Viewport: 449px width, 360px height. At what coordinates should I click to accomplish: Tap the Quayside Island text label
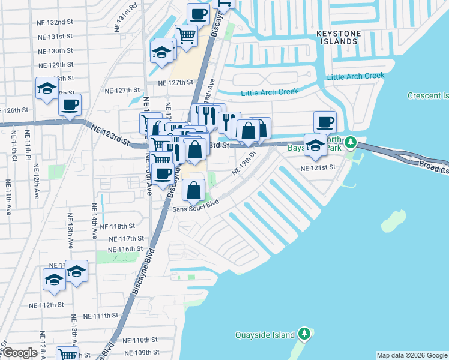click(x=265, y=335)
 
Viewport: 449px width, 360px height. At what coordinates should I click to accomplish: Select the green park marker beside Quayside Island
click(x=304, y=334)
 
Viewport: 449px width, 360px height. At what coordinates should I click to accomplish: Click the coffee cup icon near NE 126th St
click(x=70, y=105)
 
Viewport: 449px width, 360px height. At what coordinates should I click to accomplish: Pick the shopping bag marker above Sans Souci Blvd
click(x=193, y=191)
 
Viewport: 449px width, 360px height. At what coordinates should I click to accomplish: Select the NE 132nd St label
click(x=56, y=22)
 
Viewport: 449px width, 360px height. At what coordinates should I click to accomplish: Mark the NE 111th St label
click(x=101, y=316)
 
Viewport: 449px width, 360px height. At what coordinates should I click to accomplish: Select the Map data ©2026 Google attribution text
click(x=411, y=355)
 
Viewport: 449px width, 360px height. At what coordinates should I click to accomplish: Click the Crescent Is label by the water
click(x=427, y=95)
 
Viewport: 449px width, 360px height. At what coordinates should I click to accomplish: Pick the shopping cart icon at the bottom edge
click(x=68, y=355)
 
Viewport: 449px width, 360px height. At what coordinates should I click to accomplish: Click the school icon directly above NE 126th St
click(x=47, y=89)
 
